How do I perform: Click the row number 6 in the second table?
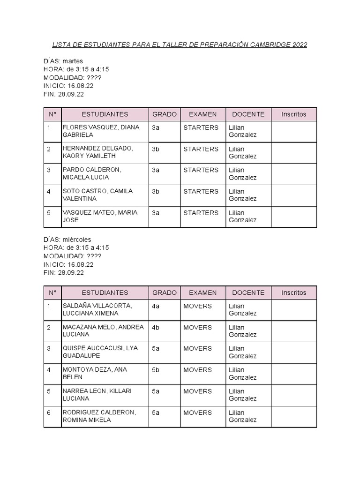[49, 412]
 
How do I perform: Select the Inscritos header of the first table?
[293, 114]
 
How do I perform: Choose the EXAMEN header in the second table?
[202, 292]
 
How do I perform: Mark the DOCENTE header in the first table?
[248, 114]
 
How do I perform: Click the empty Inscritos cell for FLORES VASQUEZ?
[293, 131]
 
